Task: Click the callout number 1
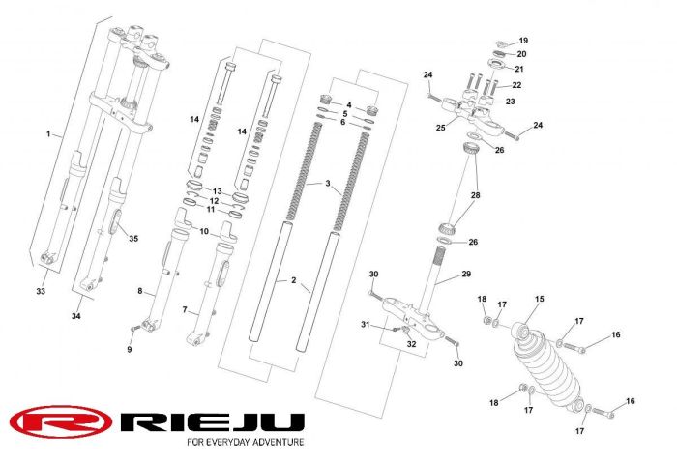tap(47, 132)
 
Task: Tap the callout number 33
tap(41, 291)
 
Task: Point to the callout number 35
tap(133, 238)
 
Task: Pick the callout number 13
tap(218, 190)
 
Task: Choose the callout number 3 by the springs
tap(328, 183)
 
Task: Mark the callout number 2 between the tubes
tap(294, 280)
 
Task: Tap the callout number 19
tap(523, 41)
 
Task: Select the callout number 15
tap(539, 299)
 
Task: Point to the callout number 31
tap(367, 323)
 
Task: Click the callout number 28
tap(475, 196)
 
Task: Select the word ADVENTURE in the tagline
tap(274, 442)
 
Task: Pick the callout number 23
tap(511, 101)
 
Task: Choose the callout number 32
tap(411, 343)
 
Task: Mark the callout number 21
tap(518, 69)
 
